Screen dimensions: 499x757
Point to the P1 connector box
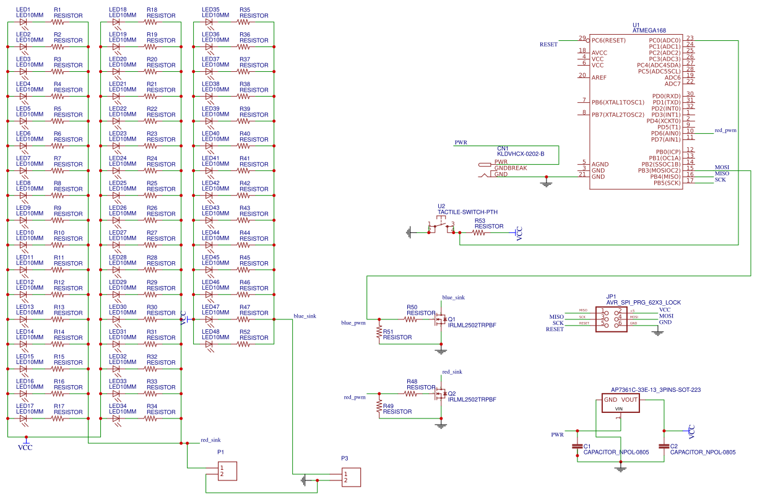(x=227, y=471)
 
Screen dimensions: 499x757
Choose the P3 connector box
(x=350, y=477)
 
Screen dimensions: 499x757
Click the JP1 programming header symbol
(x=610, y=319)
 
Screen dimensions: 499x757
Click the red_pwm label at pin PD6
(x=725, y=131)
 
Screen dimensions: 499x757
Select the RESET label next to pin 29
(x=548, y=45)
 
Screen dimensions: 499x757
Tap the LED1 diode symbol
(x=24, y=22)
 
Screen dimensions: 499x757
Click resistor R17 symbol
(x=59, y=418)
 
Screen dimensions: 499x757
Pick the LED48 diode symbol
(x=210, y=344)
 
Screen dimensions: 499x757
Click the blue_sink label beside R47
(x=305, y=316)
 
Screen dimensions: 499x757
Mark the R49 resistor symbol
(x=379, y=407)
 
